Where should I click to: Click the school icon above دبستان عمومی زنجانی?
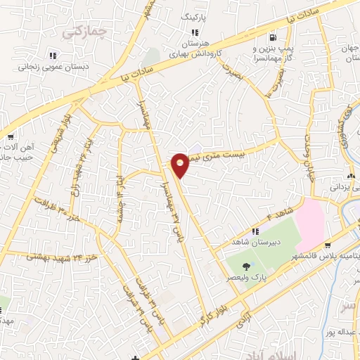pyautogui.click(x=52, y=55)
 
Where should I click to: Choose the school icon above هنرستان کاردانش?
pyautogui.click(x=195, y=32)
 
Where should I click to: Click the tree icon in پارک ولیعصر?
pyautogui.click(x=246, y=266)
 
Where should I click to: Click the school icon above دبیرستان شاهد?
pyautogui.click(x=256, y=230)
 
